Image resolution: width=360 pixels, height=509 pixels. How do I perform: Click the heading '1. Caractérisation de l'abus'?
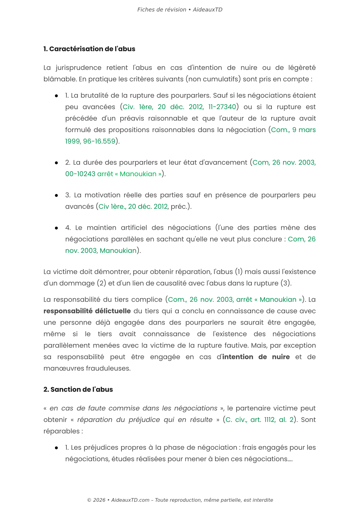(x=89, y=49)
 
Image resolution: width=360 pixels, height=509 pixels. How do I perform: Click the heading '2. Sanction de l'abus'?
(x=78, y=390)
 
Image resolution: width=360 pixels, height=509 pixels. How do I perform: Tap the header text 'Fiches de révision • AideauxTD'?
(x=180, y=10)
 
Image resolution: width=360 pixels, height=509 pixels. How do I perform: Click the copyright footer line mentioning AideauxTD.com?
(x=180, y=500)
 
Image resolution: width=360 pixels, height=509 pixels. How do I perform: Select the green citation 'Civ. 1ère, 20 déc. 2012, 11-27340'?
(x=179, y=107)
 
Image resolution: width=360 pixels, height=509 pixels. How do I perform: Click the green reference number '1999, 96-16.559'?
(x=90, y=141)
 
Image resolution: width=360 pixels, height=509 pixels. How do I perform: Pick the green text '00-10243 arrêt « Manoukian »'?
(x=113, y=174)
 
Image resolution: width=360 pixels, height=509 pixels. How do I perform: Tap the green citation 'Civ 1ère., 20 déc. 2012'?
(x=133, y=207)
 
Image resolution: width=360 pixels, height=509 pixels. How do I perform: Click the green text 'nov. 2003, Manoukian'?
(x=101, y=251)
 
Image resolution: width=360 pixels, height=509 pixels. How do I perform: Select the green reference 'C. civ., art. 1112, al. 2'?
(x=259, y=420)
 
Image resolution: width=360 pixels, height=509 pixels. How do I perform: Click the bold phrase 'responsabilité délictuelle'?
(x=87, y=311)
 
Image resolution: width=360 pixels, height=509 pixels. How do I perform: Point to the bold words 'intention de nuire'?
(x=256, y=357)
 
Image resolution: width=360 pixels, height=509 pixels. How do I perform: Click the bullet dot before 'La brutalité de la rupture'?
(x=56, y=96)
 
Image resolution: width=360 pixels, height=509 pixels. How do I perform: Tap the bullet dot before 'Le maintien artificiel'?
(x=56, y=228)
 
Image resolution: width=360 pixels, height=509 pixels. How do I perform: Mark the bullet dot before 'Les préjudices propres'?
(x=56, y=448)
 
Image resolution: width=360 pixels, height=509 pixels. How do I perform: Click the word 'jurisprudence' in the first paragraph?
(x=78, y=68)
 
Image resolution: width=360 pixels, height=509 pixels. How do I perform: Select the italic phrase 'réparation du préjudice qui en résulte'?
(x=145, y=420)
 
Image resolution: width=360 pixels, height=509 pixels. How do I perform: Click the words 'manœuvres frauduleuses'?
(x=87, y=369)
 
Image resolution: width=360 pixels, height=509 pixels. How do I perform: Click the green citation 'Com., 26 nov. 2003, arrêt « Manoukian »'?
(x=235, y=300)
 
